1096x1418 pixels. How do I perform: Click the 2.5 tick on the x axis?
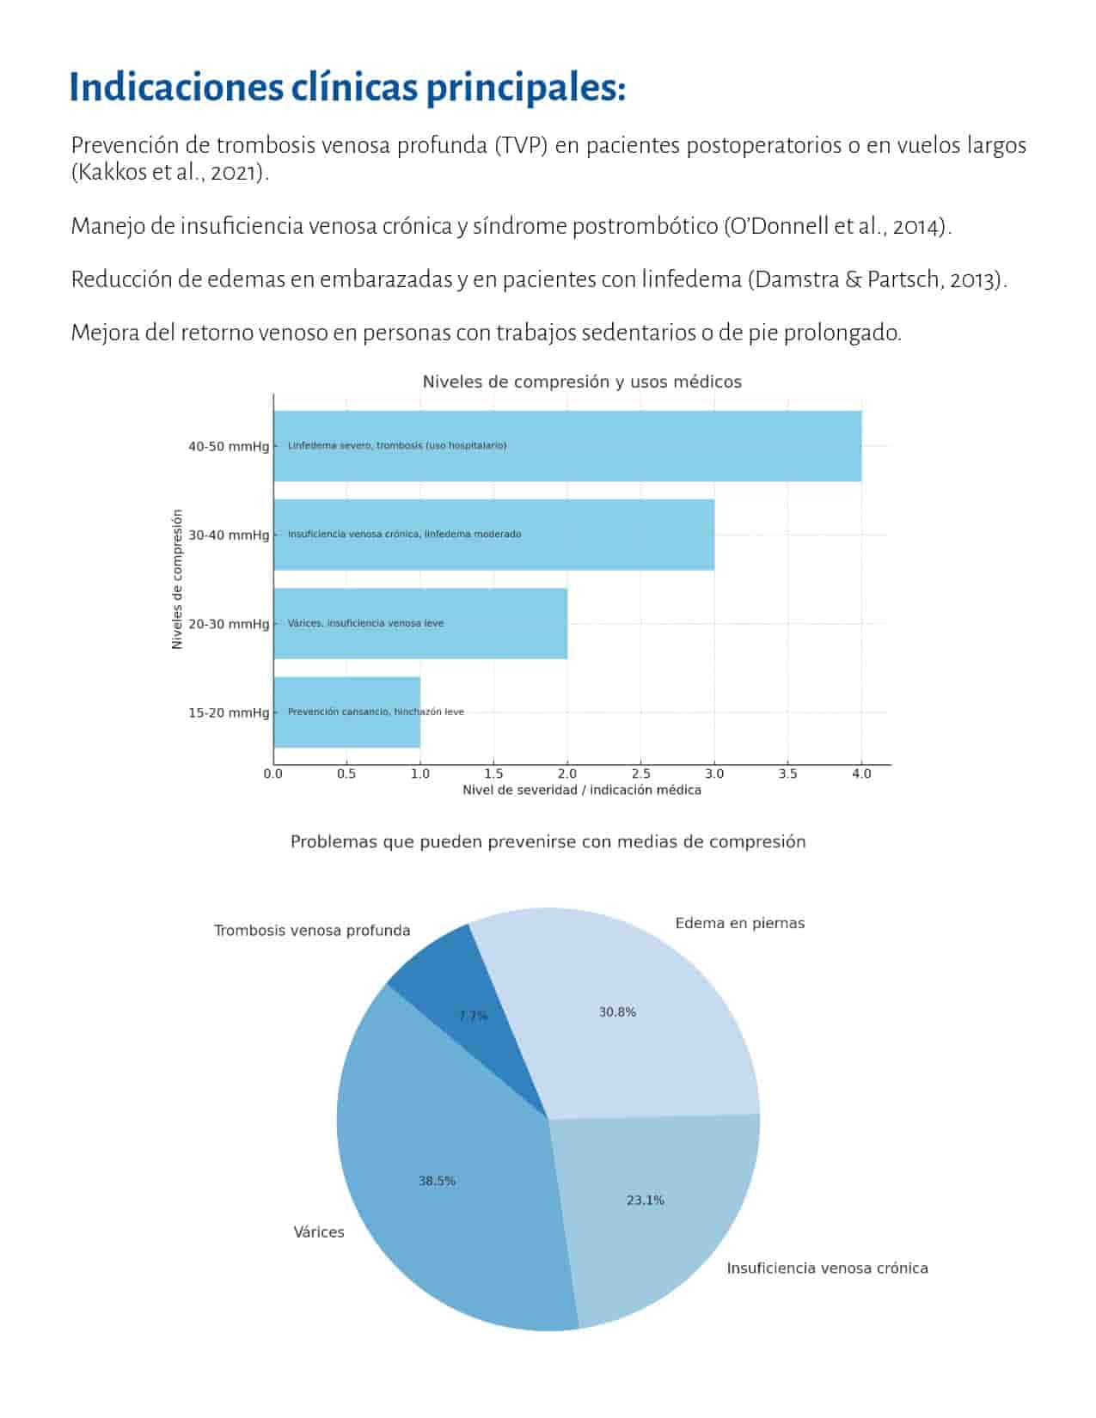pos(640,773)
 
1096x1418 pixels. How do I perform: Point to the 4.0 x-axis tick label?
pos(860,773)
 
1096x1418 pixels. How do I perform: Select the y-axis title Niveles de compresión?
pos(178,579)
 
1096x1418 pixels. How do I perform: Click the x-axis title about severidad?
pos(581,790)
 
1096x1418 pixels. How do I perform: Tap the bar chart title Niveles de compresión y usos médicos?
pos(581,382)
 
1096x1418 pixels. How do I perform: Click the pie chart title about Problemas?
pos(548,841)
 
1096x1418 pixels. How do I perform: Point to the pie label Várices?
pos(318,1232)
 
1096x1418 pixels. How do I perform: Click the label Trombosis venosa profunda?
pos(311,931)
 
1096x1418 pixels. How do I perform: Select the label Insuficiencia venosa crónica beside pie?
pos(827,1268)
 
